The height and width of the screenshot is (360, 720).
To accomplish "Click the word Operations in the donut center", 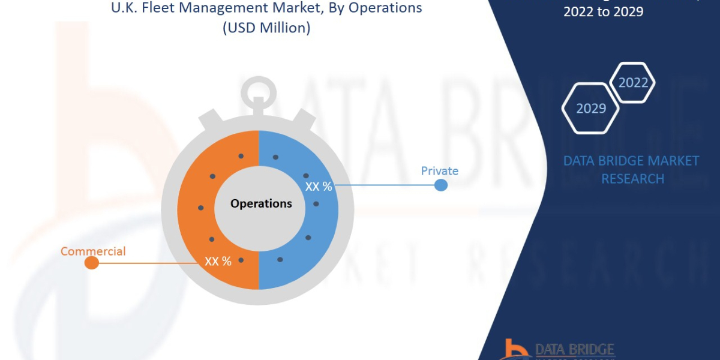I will pyautogui.click(x=261, y=203).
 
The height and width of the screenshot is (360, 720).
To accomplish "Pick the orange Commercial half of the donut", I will pyautogui.click(x=198, y=180).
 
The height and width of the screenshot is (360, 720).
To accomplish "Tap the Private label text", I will pyautogui.click(x=439, y=171).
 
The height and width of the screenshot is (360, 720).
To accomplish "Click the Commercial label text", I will pyautogui.click(x=93, y=251).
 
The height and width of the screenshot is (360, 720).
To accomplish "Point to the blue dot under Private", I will pyautogui.click(x=440, y=185).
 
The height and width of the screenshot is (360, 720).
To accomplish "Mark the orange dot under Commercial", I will pyautogui.click(x=91, y=263).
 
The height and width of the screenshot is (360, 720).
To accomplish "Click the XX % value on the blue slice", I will pyautogui.click(x=319, y=187).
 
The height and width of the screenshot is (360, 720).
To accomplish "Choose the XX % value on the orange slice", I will pyautogui.click(x=218, y=262).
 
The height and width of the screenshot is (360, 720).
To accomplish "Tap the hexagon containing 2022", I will pyautogui.click(x=632, y=83).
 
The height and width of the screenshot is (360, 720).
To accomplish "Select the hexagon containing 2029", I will pyautogui.click(x=590, y=109).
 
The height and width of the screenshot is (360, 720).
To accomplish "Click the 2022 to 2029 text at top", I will pyautogui.click(x=603, y=11).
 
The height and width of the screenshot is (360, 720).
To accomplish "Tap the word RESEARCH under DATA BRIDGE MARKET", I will pyautogui.click(x=632, y=179).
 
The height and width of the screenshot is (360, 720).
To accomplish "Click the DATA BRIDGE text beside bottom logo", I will pyautogui.click(x=574, y=349).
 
